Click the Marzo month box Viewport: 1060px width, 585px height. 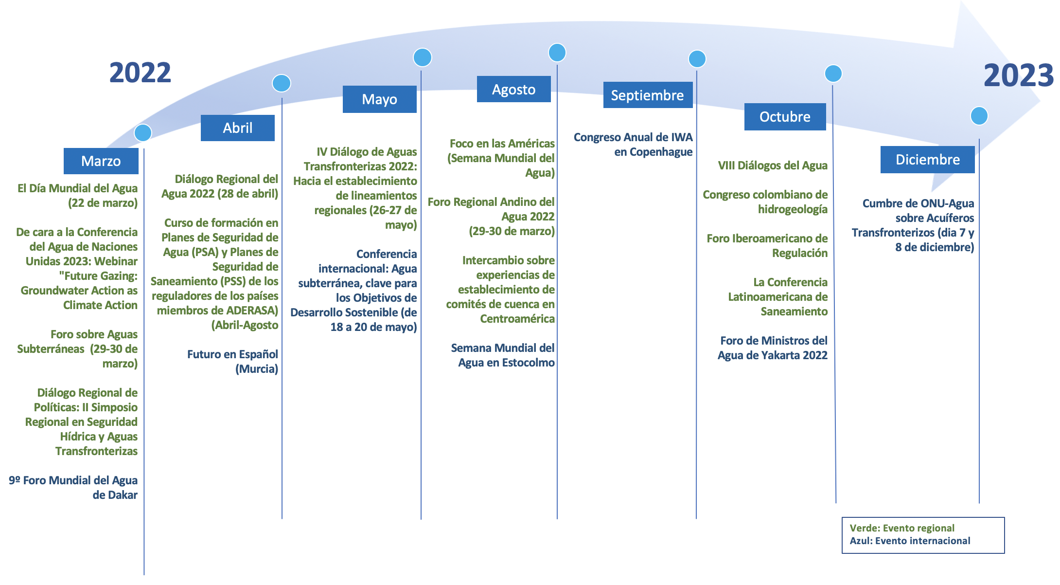[x=101, y=161]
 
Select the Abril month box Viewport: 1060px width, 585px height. [x=237, y=128]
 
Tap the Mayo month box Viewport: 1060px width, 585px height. [x=379, y=99]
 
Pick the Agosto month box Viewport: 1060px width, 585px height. [x=513, y=89]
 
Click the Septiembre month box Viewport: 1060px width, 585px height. [x=647, y=95]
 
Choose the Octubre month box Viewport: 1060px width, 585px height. [x=785, y=117]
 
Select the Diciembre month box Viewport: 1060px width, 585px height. [x=927, y=160]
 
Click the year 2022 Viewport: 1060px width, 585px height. [x=140, y=73]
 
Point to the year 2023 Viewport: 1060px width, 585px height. [x=1018, y=76]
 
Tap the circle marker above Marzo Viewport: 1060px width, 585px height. [x=143, y=132]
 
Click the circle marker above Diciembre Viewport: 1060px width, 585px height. [x=979, y=116]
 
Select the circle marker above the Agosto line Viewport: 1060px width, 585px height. [x=557, y=53]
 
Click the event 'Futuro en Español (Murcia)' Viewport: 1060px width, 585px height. [x=232, y=362]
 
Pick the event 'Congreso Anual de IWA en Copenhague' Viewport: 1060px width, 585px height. [x=633, y=145]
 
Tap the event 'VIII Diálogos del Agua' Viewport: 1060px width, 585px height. [x=773, y=165]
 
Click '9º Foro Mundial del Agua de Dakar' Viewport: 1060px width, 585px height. [x=73, y=488]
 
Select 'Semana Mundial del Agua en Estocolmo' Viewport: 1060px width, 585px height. [x=503, y=355]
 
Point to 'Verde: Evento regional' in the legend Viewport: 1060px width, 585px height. [x=902, y=528]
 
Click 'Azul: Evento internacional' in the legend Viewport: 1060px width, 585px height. [x=910, y=541]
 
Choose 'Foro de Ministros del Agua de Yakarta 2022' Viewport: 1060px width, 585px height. [x=773, y=348]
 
